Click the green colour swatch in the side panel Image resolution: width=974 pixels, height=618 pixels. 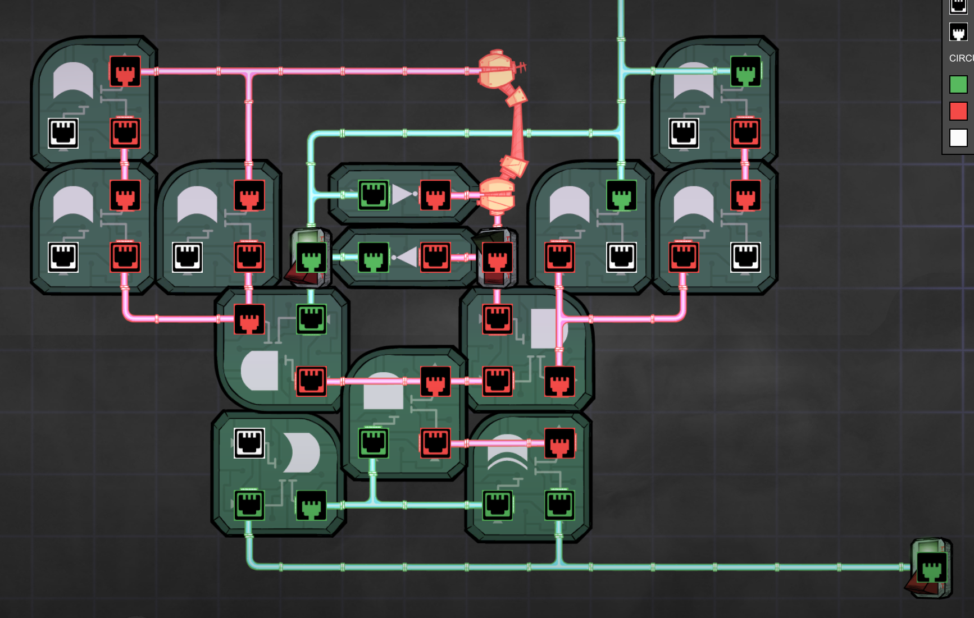point(958,85)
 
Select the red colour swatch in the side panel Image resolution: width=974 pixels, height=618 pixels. point(958,111)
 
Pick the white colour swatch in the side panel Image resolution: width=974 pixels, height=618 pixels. point(958,138)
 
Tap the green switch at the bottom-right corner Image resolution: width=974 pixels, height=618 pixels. point(931,568)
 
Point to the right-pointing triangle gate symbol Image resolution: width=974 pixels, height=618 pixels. point(403,195)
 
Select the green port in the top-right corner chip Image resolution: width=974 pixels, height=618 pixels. point(745,71)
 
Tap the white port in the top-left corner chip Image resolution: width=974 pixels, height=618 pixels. point(63,134)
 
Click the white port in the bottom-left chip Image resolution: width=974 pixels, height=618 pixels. point(249,443)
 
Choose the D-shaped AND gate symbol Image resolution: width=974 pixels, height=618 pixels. point(260,370)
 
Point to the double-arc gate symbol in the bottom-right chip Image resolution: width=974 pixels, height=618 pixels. point(507,452)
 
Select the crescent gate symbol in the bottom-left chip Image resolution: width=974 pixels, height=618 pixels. point(302,452)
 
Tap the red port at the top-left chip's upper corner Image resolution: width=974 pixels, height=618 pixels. point(125,71)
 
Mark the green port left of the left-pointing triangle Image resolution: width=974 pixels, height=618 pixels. point(374,258)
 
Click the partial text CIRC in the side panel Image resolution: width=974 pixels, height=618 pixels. point(961,58)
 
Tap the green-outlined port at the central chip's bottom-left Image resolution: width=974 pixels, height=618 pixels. point(374,443)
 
